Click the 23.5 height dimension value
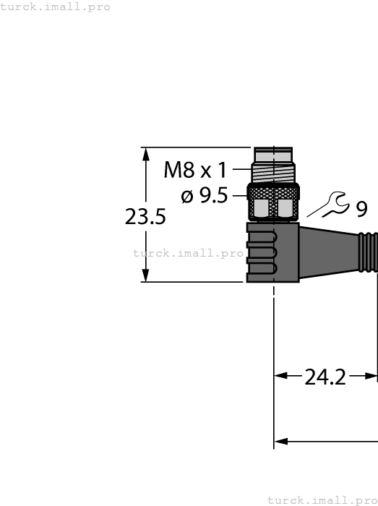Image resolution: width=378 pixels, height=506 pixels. point(145,217)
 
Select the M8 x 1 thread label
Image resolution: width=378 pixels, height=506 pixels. point(195,171)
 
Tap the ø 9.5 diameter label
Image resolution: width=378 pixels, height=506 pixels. point(205,195)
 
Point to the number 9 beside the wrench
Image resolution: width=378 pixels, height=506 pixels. point(361,209)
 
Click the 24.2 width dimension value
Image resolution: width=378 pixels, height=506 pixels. point(325,377)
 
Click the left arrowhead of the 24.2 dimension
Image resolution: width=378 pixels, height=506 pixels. point(281,376)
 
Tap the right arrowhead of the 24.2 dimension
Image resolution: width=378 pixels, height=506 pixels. point(371,376)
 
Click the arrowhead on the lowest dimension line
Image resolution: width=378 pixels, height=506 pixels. point(282,441)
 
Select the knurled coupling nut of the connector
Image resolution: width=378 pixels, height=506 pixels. point(273,202)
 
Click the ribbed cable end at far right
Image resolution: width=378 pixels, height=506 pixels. point(369,252)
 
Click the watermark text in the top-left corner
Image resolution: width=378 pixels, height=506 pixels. point(56,7)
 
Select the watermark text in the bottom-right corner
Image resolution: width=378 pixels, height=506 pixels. point(322,500)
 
